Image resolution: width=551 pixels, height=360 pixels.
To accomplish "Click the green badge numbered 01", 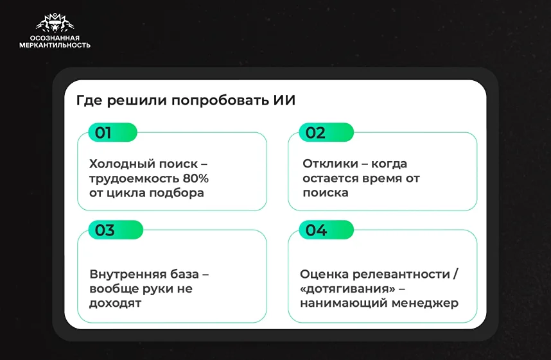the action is click(112, 132).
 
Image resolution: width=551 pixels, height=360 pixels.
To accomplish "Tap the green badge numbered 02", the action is click(326, 132).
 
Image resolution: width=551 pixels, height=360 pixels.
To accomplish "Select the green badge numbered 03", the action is click(116, 230).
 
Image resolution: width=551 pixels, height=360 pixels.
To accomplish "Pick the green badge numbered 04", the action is click(326, 230).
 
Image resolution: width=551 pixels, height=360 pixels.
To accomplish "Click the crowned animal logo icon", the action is click(55, 23).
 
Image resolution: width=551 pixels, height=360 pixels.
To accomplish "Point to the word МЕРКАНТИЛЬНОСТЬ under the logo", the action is click(55, 46).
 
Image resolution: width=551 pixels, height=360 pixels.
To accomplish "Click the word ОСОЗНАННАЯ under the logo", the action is click(55, 38).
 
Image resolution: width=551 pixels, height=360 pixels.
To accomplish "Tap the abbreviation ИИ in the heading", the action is click(284, 101).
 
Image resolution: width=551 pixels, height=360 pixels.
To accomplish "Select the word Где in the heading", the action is click(89, 101).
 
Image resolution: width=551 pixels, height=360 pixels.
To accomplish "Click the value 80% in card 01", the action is click(195, 178).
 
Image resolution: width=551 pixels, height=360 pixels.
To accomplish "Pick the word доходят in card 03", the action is click(115, 303).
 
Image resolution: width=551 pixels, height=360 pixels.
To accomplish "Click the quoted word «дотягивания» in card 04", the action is click(348, 289).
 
